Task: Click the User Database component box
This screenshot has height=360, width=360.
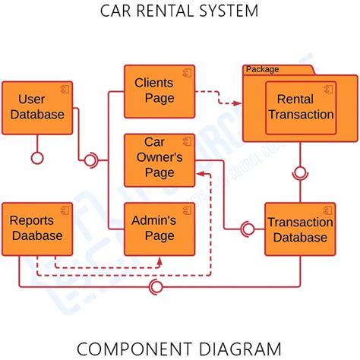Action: pos(37,107)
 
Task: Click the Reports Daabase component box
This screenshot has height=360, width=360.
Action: pos(37,228)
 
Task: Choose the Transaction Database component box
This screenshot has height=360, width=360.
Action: pos(299,229)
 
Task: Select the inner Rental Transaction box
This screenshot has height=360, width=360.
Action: pos(300,107)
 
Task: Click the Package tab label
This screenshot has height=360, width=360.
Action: pos(262,69)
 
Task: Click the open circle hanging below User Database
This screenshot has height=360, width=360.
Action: pos(36,158)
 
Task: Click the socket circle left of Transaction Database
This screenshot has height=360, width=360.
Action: pos(247,229)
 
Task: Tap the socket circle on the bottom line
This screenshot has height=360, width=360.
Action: pos(157,286)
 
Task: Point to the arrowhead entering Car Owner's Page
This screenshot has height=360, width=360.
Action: pos(199,175)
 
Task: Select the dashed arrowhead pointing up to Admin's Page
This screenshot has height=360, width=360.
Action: pos(159,261)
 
